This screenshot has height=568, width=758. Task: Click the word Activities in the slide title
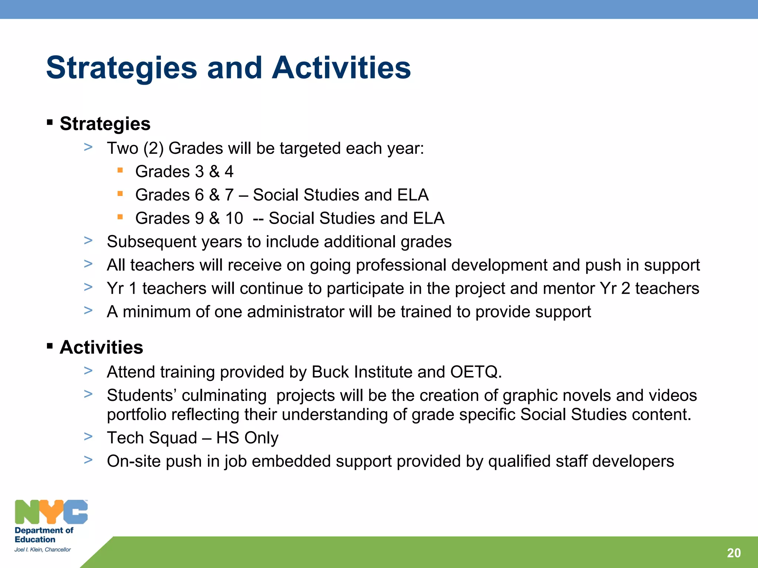pyautogui.click(x=341, y=68)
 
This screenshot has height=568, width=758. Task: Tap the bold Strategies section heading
pyautogui.click(x=105, y=124)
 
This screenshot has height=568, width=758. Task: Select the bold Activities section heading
pyautogui.click(x=101, y=348)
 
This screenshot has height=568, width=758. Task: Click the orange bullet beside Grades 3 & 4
pyautogui.click(x=120, y=170)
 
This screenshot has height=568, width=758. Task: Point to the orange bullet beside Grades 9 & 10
pyautogui.click(x=120, y=217)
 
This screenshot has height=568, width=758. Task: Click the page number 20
pyautogui.click(x=734, y=553)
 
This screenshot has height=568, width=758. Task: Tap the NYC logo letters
pyautogui.click(x=51, y=512)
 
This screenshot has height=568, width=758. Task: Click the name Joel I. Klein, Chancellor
pyautogui.click(x=43, y=550)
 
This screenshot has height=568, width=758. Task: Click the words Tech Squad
pyautogui.click(x=152, y=438)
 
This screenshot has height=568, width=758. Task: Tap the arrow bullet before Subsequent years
pyautogui.click(x=88, y=241)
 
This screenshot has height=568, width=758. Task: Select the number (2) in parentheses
pyautogui.click(x=153, y=149)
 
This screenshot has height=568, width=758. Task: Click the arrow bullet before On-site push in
pyautogui.click(x=88, y=460)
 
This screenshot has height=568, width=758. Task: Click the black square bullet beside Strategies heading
pyautogui.click(x=50, y=122)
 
